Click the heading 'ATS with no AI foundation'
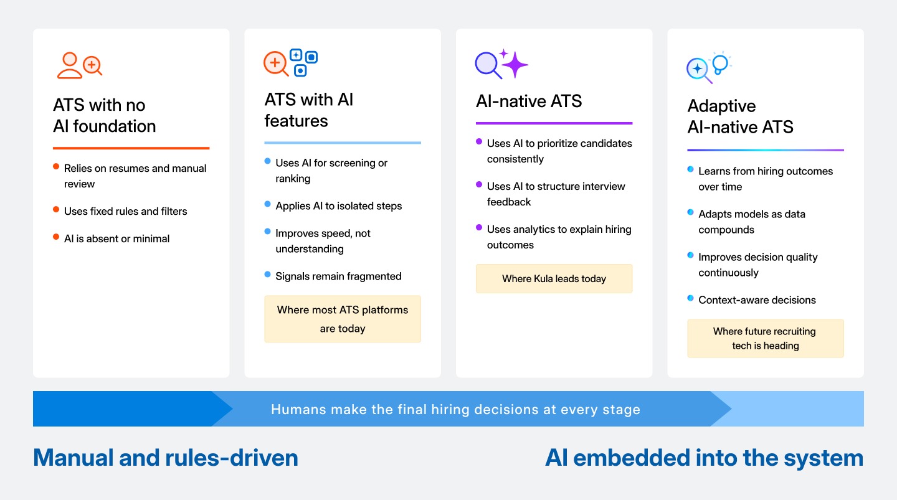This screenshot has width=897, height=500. [105, 116]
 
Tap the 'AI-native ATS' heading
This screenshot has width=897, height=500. [529, 101]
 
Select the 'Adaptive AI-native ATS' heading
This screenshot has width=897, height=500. [740, 116]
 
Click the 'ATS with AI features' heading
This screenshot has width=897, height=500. [309, 110]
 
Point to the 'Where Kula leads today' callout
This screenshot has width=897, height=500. [554, 278]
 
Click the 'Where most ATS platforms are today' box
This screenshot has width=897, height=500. [343, 319]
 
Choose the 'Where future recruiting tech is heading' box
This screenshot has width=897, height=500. [765, 338]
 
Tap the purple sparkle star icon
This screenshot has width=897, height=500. [515, 64]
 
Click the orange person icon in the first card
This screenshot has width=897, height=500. [69, 65]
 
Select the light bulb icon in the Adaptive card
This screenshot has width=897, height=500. [720, 64]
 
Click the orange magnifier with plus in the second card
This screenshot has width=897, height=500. [275, 64]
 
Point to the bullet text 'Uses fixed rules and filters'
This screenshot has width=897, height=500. [125, 211]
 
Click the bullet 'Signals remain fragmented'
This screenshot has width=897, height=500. [338, 276]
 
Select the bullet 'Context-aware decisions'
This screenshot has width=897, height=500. [757, 300]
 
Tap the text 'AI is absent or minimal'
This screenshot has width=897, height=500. [116, 238]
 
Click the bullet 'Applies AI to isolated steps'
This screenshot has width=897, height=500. [338, 205]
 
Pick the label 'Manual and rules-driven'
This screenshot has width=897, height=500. [166, 458]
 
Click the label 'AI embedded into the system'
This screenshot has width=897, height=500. [704, 458]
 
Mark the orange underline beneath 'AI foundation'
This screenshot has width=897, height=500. [131, 148]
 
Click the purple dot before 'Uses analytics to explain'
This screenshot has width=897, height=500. [479, 228]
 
